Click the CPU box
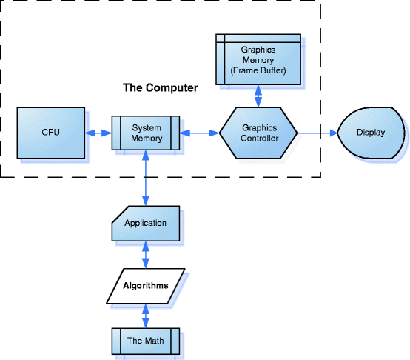click(x=51, y=133)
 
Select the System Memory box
click(x=146, y=133)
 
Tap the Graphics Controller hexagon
click(x=258, y=133)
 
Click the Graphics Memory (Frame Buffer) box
click(x=258, y=59)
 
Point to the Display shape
click(x=372, y=133)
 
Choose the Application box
click(x=146, y=224)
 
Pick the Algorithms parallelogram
click(x=146, y=286)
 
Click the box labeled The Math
click(x=146, y=341)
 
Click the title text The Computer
click(x=161, y=88)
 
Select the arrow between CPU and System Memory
click(x=98, y=133)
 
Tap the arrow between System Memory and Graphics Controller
click(x=200, y=133)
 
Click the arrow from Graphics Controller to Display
click(x=317, y=133)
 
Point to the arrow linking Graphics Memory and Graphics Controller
click(x=258, y=96)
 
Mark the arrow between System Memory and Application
click(x=146, y=178)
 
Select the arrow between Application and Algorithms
click(x=146, y=255)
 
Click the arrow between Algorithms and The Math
click(x=146, y=316)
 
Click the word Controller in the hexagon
click(x=259, y=138)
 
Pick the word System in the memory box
click(x=147, y=128)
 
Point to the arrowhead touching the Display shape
click(x=334, y=133)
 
